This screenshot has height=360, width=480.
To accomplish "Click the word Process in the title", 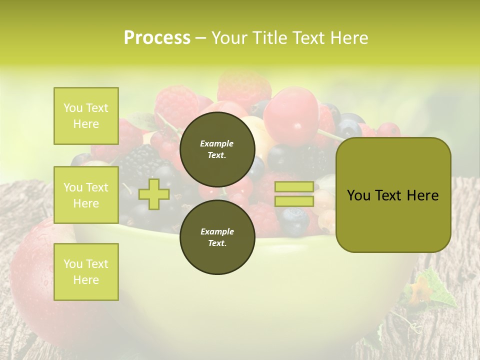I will click(x=157, y=38).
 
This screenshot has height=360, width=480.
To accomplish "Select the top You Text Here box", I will click(x=86, y=116).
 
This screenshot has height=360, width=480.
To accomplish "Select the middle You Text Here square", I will click(x=86, y=195).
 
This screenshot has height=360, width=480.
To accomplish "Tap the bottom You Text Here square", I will click(x=86, y=272).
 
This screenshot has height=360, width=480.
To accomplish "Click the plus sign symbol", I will click(x=154, y=194).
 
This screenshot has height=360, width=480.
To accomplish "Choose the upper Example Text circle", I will click(x=217, y=149).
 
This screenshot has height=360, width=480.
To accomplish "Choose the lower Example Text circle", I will click(x=217, y=237).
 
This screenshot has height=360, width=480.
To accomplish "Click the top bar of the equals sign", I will click(x=294, y=186).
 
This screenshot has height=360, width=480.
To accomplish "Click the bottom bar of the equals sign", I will click(x=294, y=201).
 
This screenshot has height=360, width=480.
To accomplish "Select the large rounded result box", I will click(x=393, y=195).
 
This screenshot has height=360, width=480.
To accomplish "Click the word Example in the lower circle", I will click(x=217, y=231).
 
